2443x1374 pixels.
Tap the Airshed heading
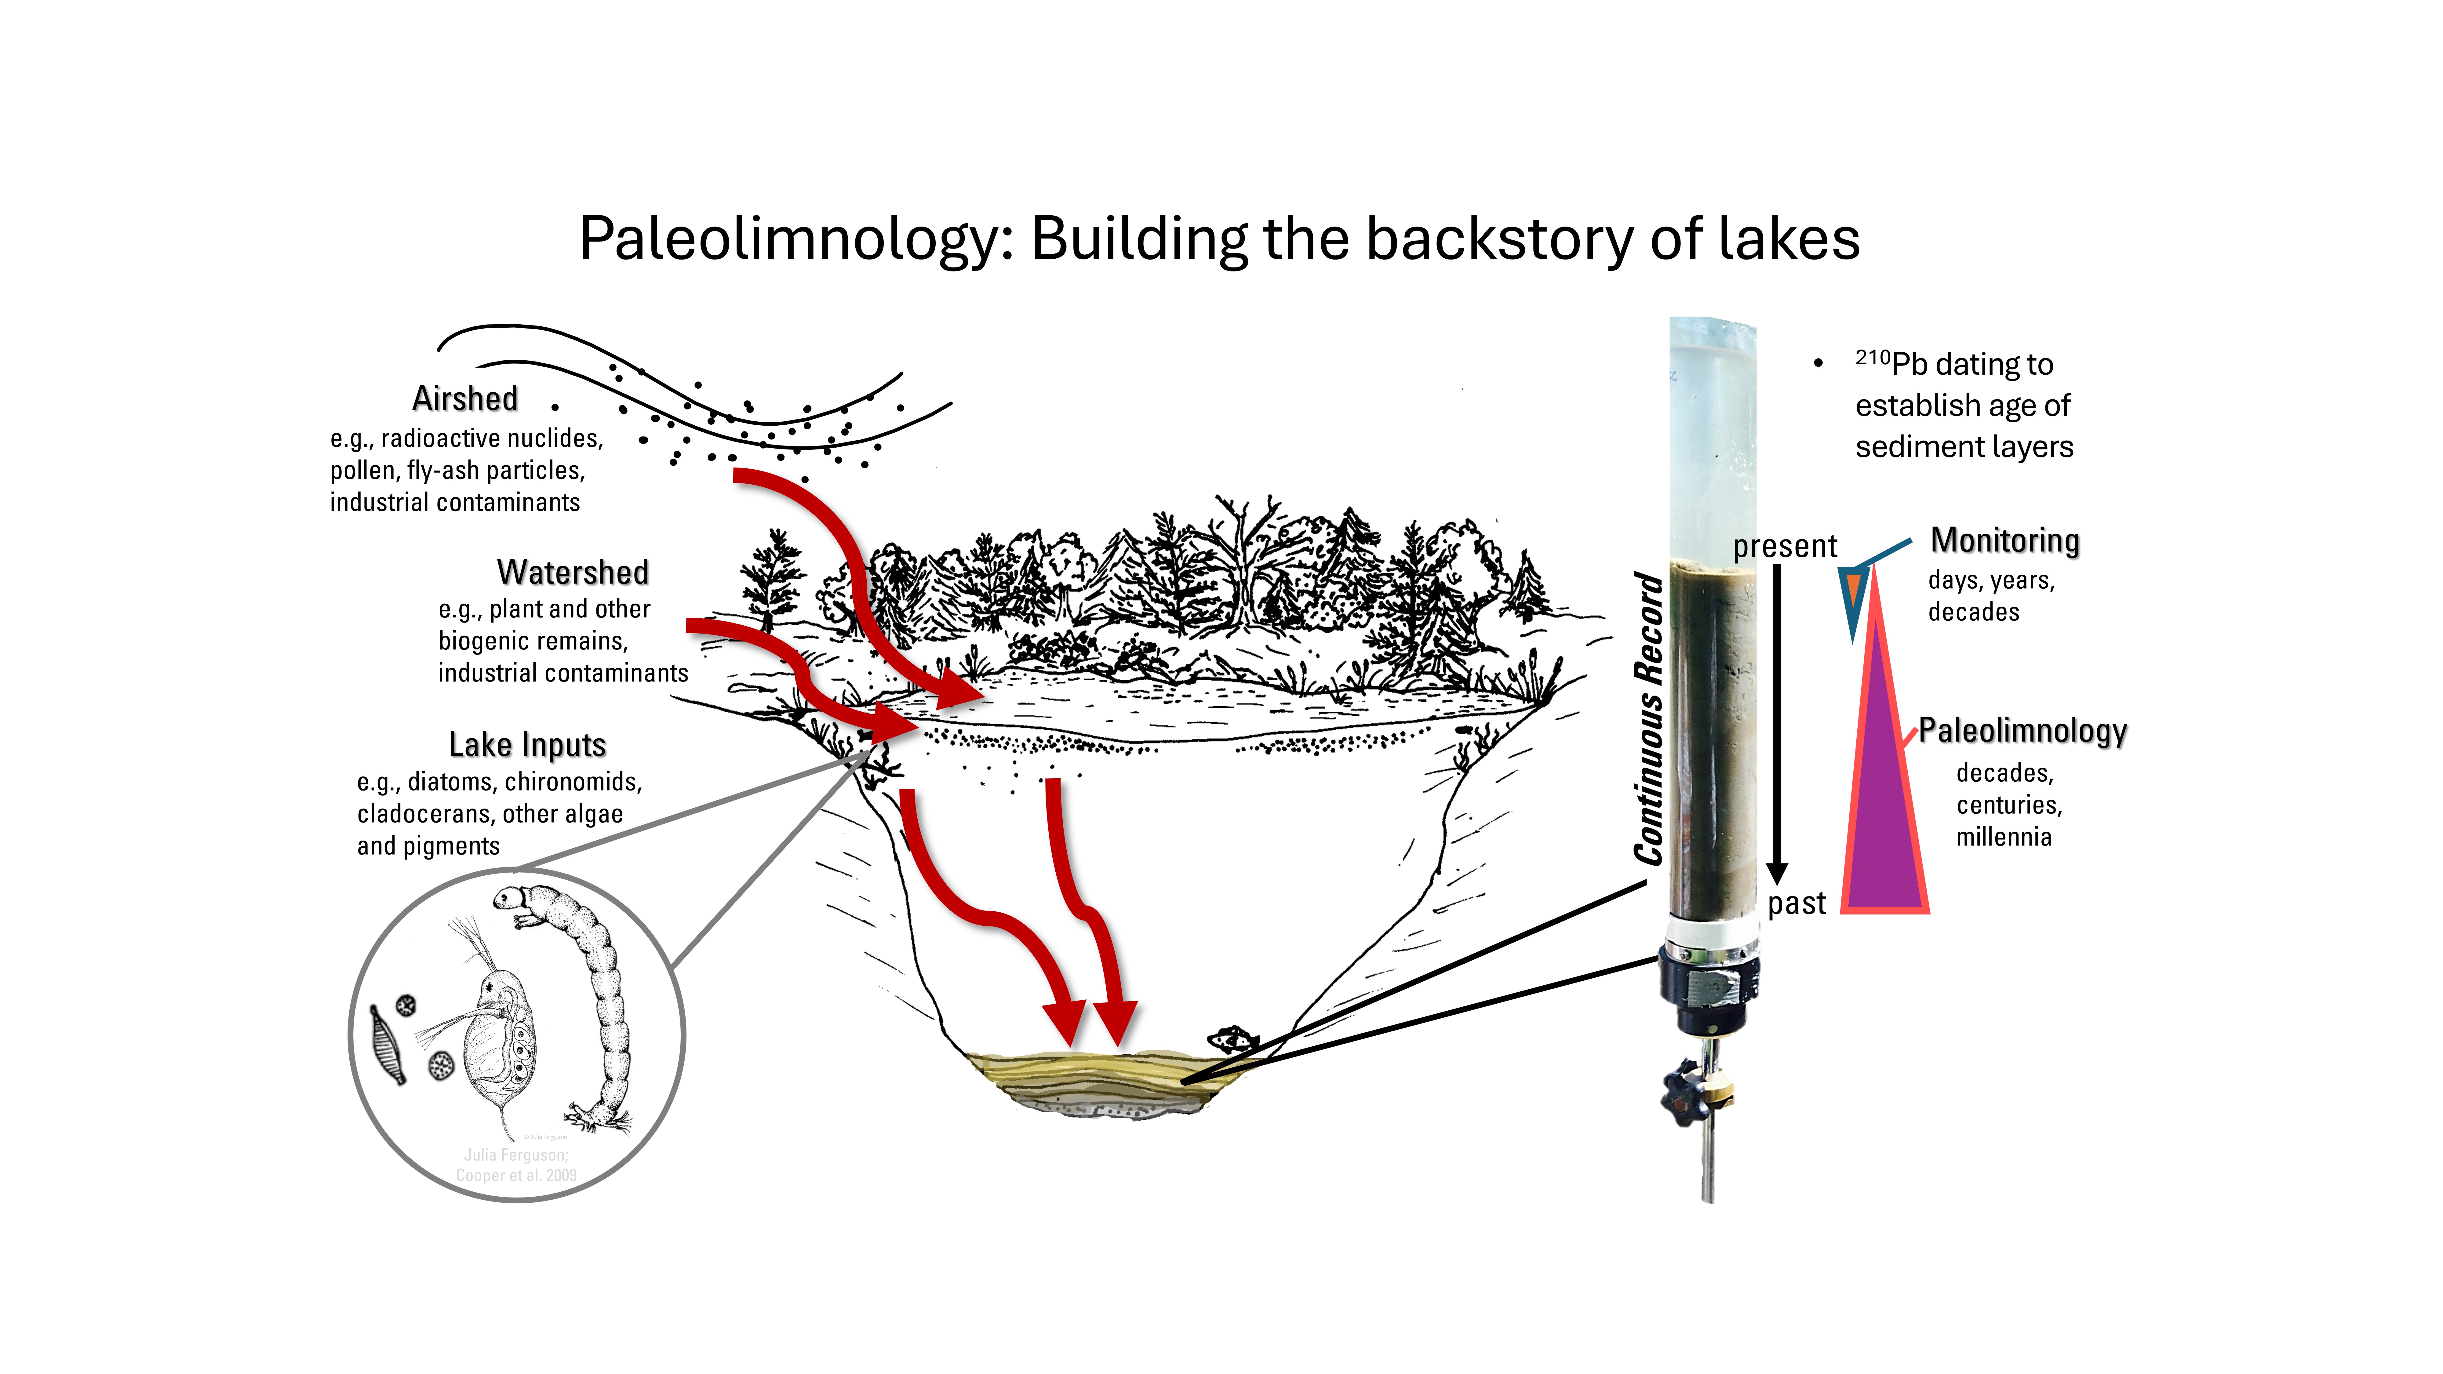465,398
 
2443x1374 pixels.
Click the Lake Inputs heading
527,745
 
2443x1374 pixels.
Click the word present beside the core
1785,546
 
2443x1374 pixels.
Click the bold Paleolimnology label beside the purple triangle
2023,731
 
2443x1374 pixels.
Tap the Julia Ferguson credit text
516,1155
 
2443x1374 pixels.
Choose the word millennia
2004,837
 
